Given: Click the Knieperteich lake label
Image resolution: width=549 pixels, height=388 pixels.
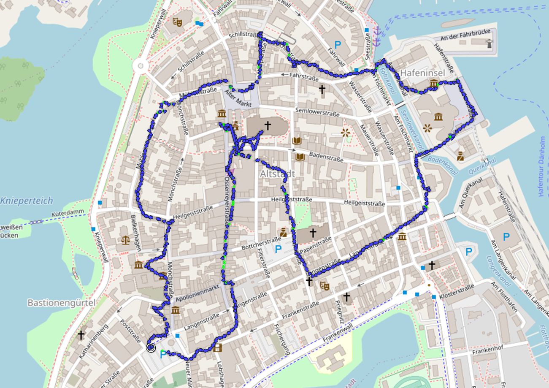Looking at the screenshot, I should point(26,201).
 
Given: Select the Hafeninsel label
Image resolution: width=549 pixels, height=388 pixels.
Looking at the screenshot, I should point(422,73).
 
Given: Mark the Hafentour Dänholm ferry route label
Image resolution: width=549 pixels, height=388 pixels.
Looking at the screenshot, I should point(543,166).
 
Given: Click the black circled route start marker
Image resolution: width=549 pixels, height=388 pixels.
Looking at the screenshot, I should point(151,347).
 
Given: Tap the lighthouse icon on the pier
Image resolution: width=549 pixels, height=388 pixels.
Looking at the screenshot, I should point(489,43).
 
